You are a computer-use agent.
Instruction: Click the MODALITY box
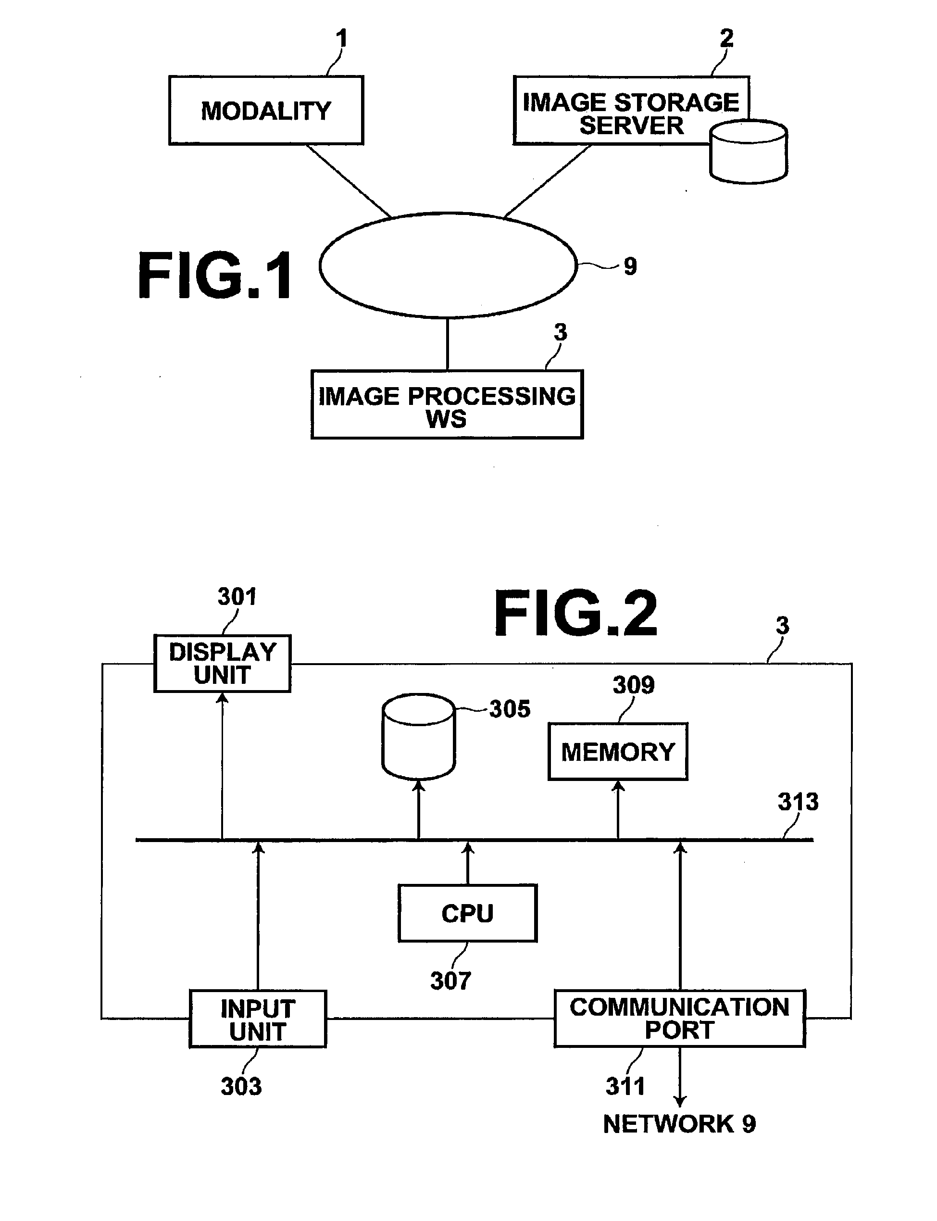(x=266, y=111)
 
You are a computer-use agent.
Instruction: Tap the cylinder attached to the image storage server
(x=749, y=151)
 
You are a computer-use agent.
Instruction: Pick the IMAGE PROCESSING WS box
(x=447, y=404)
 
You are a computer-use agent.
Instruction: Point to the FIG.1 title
(x=215, y=276)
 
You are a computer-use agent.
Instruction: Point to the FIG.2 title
(x=575, y=614)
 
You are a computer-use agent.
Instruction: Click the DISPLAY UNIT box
(x=223, y=663)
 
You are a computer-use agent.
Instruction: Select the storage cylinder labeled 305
(x=419, y=736)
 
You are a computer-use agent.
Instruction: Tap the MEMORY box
(x=618, y=751)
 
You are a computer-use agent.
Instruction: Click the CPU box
(x=468, y=913)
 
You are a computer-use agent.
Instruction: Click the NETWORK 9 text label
(x=679, y=1124)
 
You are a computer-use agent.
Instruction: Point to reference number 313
(x=798, y=802)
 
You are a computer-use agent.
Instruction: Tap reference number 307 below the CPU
(x=450, y=981)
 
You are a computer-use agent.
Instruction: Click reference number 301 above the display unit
(x=237, y=597)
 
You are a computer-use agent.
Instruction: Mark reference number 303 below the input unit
(x=241, y=1086)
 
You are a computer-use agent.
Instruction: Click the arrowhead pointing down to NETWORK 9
(x=680, y=1101)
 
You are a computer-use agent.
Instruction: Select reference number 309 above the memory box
(x=634, y=685)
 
